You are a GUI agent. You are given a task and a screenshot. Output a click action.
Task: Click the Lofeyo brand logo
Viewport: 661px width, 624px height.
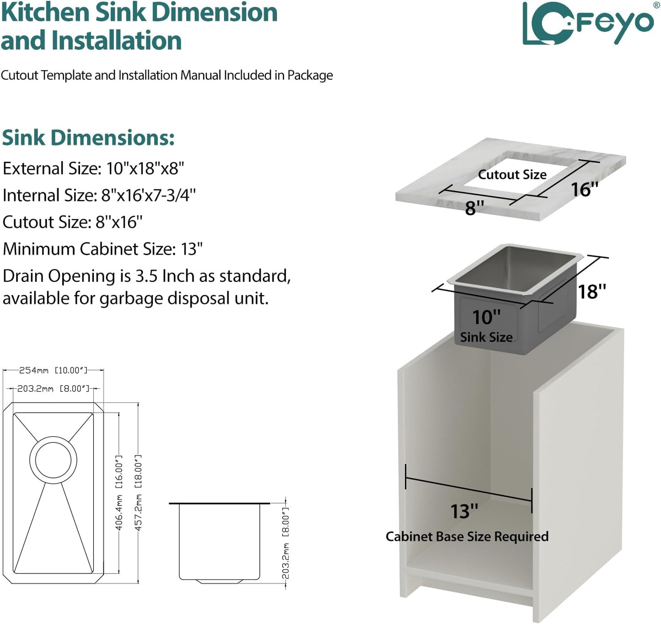coord(588,23)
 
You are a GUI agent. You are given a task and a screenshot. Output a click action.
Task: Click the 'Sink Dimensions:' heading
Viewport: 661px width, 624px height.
coord(88,138)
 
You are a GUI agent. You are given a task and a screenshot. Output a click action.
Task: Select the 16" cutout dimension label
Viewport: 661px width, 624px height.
coord(585,189)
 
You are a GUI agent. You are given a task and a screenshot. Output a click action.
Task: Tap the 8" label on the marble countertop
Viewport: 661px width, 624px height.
coord(474,208)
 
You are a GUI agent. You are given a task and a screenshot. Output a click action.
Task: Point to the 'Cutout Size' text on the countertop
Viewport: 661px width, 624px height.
coord(512,175)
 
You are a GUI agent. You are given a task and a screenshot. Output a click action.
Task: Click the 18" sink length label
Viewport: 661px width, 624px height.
coord(591,291)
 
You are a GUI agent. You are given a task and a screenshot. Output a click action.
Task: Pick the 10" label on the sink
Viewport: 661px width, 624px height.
coord(486,317)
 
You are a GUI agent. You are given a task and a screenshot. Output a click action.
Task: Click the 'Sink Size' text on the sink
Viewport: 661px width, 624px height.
coord(486,337)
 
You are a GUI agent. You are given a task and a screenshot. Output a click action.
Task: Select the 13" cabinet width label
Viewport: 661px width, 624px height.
coord(464,511)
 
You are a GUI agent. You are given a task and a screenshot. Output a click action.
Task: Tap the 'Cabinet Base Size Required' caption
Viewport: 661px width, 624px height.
coord(467,536)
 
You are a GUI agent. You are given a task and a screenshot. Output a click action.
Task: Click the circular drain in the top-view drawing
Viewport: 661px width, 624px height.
coord(53,460)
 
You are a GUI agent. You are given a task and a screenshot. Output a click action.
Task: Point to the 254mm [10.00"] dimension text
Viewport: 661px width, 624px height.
coord(53,370)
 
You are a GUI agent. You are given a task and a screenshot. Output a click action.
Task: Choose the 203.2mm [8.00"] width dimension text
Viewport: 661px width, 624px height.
coord(53,388)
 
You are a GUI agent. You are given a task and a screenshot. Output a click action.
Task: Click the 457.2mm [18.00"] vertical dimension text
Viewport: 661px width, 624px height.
coord(138,493)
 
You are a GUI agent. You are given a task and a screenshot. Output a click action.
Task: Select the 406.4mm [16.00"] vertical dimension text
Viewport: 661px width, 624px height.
coord(119,493)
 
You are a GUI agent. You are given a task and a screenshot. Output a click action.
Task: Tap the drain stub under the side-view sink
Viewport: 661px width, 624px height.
coord(220,581)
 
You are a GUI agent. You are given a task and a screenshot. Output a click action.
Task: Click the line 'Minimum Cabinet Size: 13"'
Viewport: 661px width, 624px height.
coord(102,249)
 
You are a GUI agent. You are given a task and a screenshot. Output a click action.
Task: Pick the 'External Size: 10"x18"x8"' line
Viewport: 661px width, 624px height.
coord(93,168)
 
